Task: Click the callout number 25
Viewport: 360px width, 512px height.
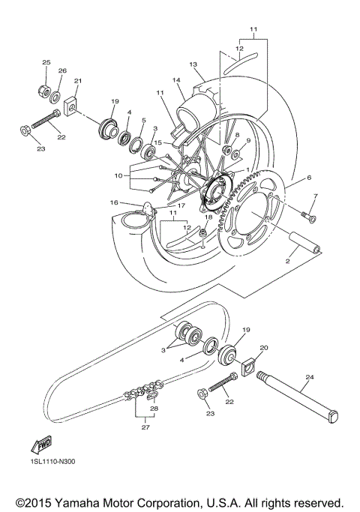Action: click(x=46, y=61)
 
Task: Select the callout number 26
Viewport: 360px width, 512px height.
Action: click(x=63, y=71)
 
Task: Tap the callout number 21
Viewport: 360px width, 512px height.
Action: click(x=78, y=81)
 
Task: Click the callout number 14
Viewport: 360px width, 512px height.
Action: click(x=178, y=79)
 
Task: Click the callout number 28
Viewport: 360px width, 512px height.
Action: click(x=154, y=409)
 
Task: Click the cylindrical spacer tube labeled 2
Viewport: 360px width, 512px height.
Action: click(x=303, y=246)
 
